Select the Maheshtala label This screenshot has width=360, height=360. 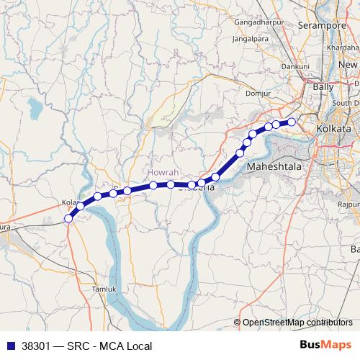click(277, 167)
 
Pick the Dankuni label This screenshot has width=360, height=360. click(295, 66)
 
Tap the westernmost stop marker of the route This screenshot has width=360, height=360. click(68, 218)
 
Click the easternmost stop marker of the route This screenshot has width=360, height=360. click(292, 122)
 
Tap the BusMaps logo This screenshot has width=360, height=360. click(326, 346)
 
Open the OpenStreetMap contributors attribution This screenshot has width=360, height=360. click(297, 323)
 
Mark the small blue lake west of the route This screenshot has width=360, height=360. click(34, 109)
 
